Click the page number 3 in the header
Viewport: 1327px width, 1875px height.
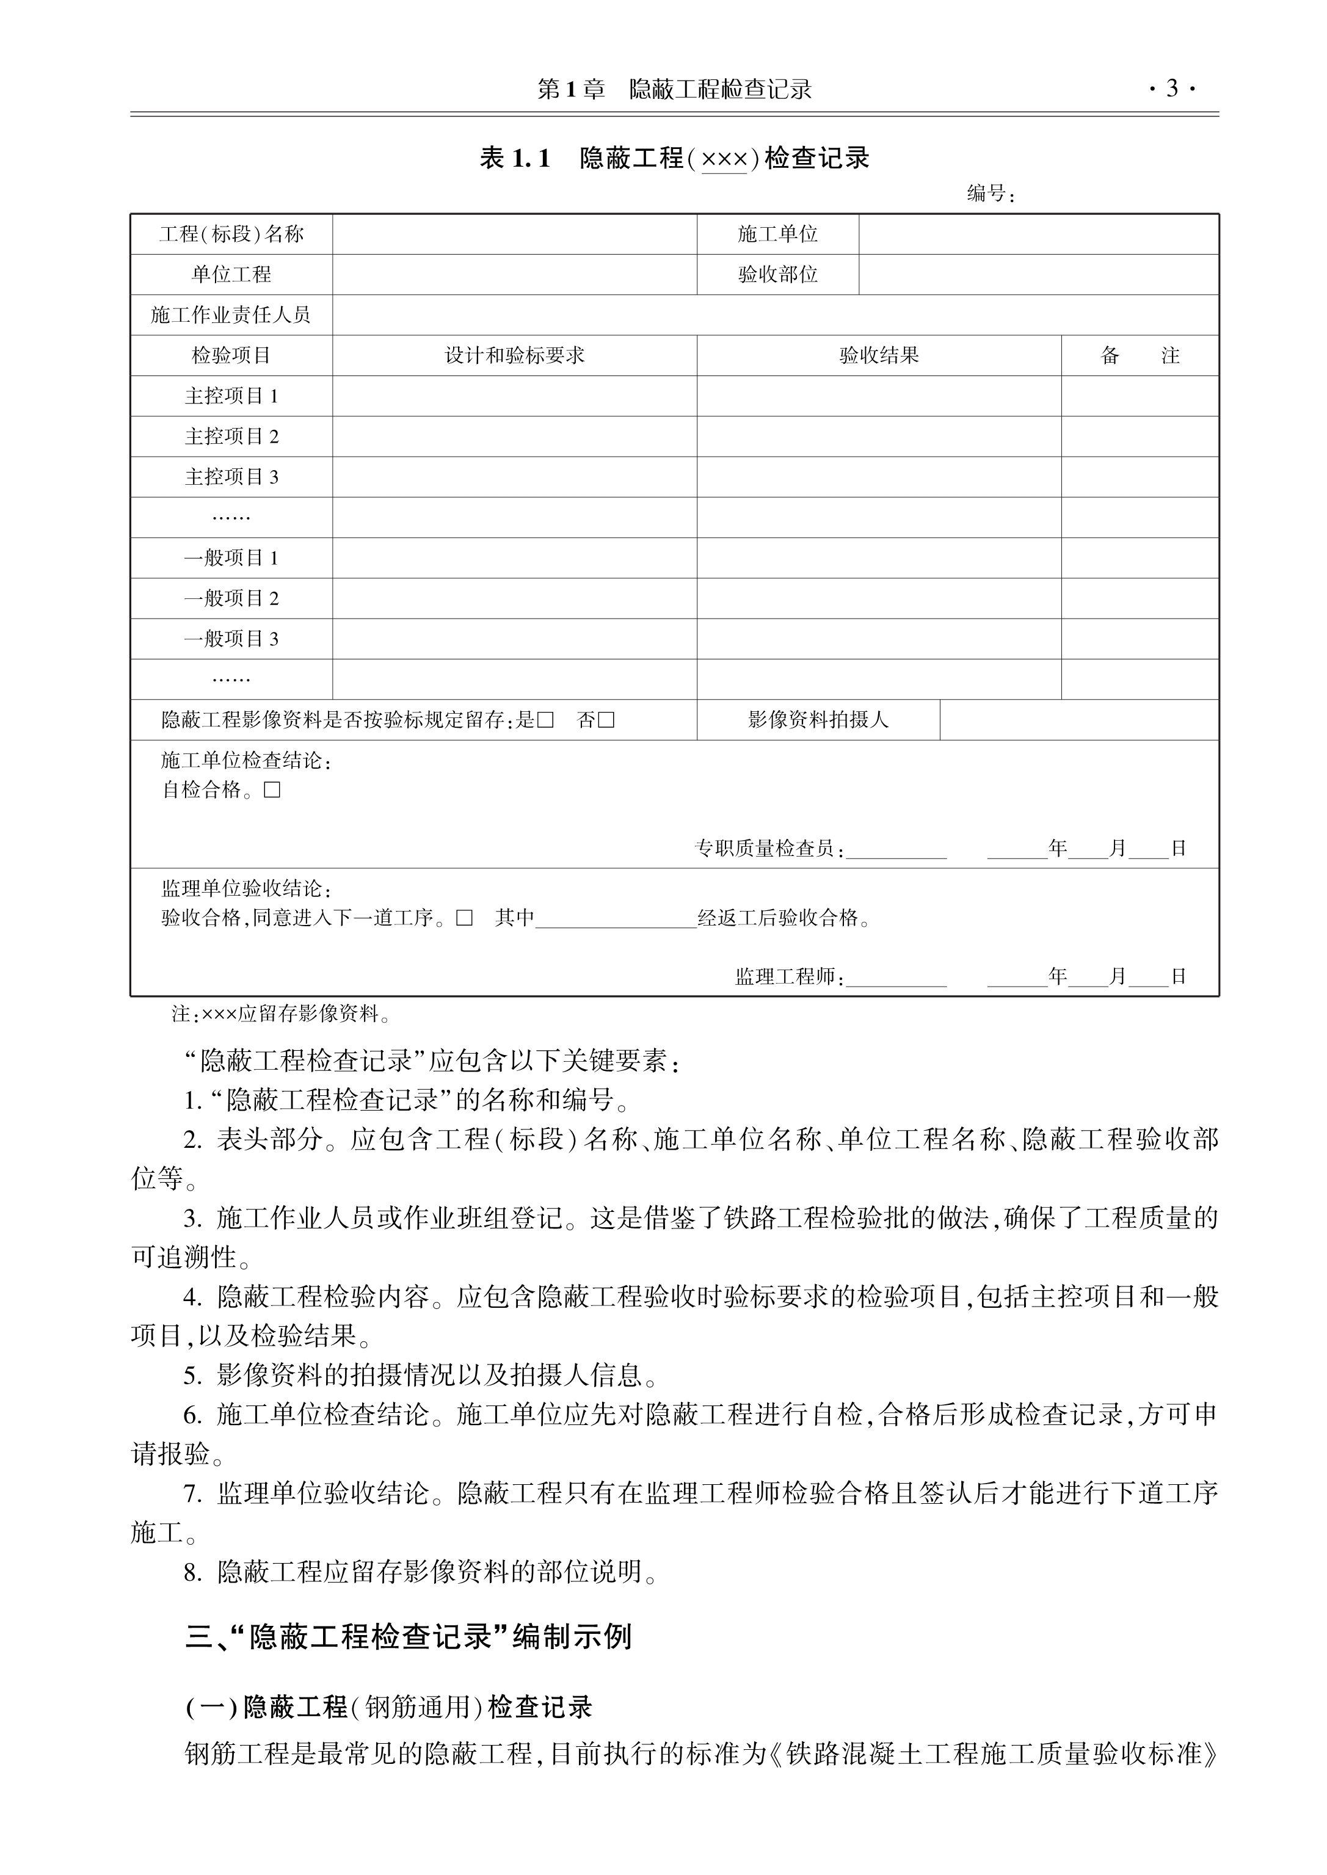1172,89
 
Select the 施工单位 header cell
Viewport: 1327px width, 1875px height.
777,234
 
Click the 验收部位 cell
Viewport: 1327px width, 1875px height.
777,275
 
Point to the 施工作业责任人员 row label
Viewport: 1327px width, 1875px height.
231,314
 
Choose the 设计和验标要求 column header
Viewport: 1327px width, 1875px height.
514,355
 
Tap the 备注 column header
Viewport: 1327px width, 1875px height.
1140,355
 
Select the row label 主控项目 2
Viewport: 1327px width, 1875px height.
231,437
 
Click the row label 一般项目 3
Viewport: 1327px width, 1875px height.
231,639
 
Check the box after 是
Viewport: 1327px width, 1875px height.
546,720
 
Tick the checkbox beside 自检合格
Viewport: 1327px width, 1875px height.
272,790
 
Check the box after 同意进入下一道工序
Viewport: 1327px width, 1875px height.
464,918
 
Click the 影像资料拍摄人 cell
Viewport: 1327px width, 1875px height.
818,720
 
